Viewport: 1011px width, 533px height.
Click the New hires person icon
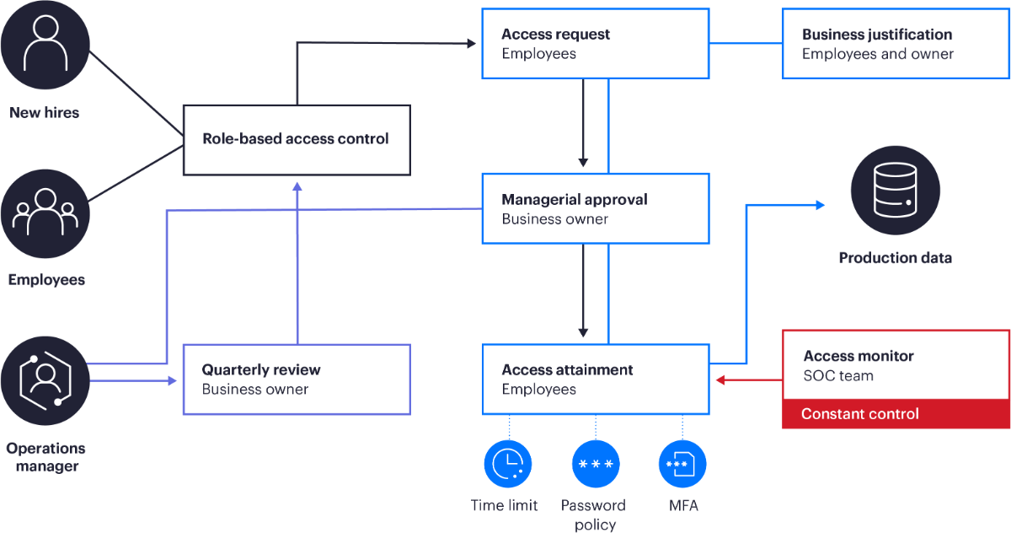point(45,46)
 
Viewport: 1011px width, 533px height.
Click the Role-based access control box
point(297,139)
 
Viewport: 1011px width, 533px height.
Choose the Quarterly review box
point(297,380)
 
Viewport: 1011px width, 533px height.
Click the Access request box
point(596,43)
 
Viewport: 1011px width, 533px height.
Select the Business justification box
point(896,43)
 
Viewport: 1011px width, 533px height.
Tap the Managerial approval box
point(596,208)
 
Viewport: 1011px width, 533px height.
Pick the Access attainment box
point(596,380)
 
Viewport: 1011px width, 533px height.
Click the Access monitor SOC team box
point(896,366)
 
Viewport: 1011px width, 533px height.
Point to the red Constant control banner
point(896,414)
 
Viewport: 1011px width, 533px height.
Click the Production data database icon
point(895,191)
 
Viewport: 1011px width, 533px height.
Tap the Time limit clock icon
point(509,464)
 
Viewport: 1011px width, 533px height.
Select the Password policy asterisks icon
point(596,464)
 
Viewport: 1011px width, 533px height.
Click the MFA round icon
point(682,464)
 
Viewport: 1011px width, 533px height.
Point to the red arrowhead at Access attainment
point(720,380)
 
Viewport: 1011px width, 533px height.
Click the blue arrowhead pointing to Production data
point(820,204)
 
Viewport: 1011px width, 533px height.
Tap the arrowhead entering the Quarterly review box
point(173,380)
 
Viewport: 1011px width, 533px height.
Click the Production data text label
point(895,258)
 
